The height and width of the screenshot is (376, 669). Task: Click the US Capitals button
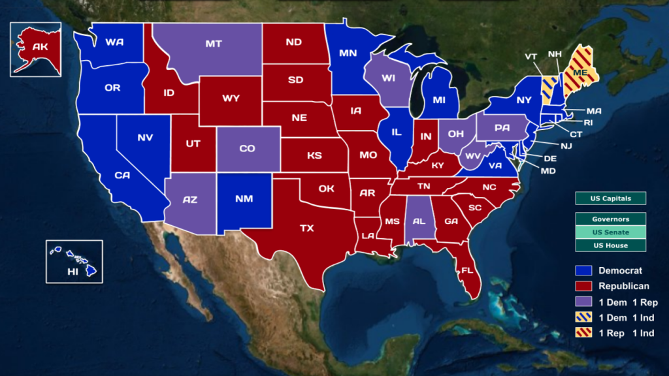[611, 198]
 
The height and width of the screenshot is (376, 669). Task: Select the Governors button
[611, 219]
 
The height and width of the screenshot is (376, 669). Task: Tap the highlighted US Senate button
[611, 232]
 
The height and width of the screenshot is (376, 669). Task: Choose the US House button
[611, 245]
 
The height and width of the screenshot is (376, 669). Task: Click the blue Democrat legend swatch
[584, 270]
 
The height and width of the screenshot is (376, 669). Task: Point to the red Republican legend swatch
[584, 286]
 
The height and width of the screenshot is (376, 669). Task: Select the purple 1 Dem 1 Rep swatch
[584, 302]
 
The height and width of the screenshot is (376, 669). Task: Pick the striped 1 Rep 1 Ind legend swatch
[584, 333]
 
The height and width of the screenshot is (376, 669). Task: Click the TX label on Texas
[306, 228]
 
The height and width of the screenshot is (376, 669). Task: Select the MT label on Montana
[213, 44]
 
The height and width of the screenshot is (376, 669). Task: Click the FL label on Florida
[467, 270]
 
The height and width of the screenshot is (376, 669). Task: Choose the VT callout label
[530, 57]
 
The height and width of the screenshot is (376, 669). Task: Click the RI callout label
[588, 122]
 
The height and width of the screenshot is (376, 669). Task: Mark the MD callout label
[547, 171]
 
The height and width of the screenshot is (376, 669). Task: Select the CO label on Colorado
[247, 148]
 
